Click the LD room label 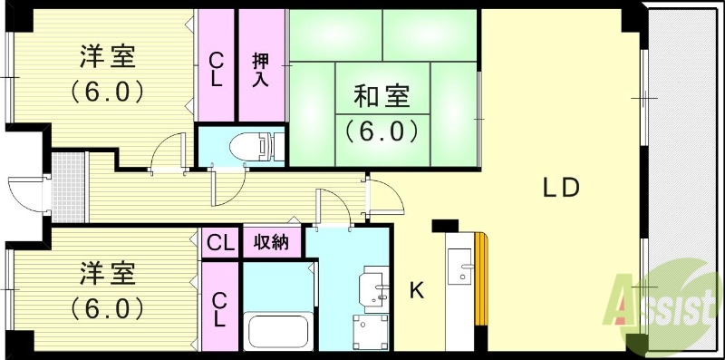click(561, 188)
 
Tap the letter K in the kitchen click(417, 291)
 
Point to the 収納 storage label click(271, 243)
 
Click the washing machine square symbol click(372, 330)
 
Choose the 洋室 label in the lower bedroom click(106, 273)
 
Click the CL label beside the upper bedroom click(217, 68)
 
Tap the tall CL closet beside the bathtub click(219, 308)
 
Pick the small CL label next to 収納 click(219, 243)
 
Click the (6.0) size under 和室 click(381, 131)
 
